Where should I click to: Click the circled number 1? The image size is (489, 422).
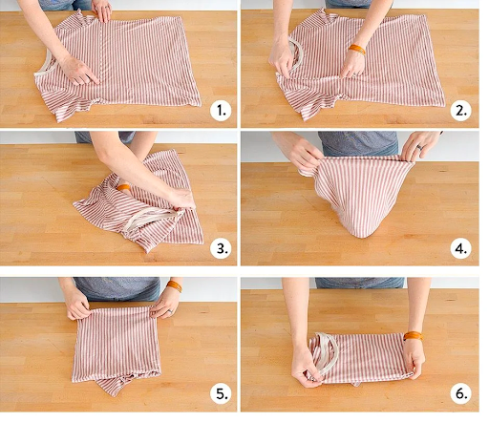tap(221, 111)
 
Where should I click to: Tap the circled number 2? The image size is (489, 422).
tap(461, 111)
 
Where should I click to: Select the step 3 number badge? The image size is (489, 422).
tap(221, 248)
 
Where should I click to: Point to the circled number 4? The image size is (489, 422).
tap(461, 248)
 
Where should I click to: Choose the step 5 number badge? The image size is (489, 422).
tap(221, 394)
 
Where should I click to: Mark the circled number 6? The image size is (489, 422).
tap(461, 394)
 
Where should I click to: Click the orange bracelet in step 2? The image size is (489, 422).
tap(357, 50)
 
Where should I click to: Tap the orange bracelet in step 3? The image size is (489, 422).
tap(123, 187)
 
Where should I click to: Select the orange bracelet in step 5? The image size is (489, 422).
tap(175, 285)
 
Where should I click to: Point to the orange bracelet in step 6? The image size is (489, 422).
tap(413, 336)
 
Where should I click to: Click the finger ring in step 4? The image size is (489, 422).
tap(420, 147)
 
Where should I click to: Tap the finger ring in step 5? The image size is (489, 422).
tap(170, 311)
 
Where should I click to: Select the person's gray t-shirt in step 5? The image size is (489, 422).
tap(117, 288)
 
